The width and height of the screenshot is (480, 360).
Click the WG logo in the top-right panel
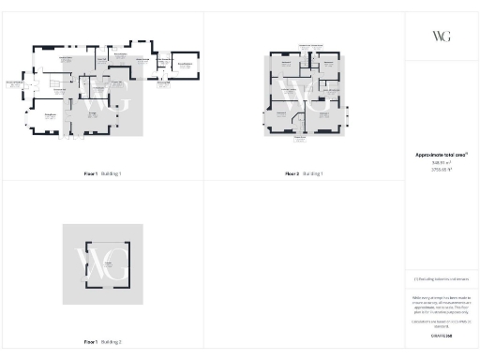(x=442, y=36)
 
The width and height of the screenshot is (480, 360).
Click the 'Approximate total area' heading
(x=442, y=155)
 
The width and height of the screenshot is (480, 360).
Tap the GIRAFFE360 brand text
(x=442, y=335)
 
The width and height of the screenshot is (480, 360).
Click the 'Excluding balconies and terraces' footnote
(x=442, y=278)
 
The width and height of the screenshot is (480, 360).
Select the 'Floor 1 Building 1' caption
(x=102, y=174)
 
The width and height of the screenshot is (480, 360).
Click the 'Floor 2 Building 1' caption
(x=304, y=174)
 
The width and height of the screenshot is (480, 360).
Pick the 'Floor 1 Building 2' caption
(x=102, y=341)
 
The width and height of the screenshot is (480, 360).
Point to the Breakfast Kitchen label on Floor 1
(x=67, y=58)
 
